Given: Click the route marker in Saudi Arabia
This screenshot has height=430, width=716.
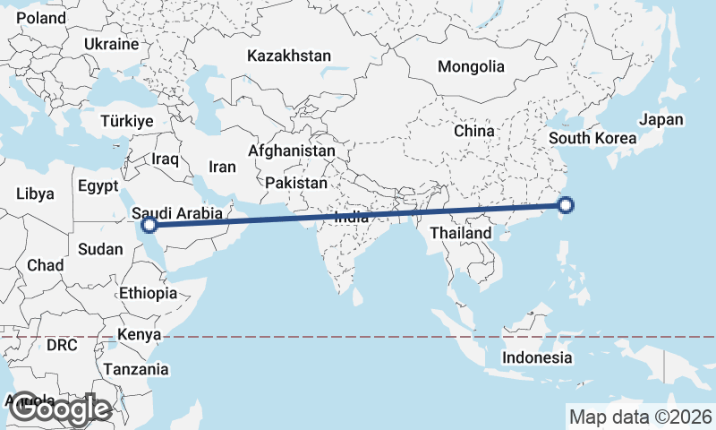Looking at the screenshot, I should pyautogui.click(x=150, y=225).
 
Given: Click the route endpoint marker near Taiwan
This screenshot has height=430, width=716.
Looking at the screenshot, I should pyautogui.click(x=566, y=207).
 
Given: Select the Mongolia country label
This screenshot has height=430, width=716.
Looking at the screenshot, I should pyautogui.click(x=471, y=66).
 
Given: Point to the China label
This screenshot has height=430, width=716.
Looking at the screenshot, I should pyautogui.click(x=473, y=131).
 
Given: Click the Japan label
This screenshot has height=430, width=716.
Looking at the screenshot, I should pyautogui.click(x=661, y=120).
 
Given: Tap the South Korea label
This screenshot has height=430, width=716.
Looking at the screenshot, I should pyautogui.click(x=592, y=138).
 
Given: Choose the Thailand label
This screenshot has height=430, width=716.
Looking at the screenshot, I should pyautogui.click(x=461, y=233).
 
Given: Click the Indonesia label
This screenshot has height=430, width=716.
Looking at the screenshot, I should pyautogui.click(x=536, y=357).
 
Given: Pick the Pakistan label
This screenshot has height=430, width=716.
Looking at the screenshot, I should pyautogui.click(x=296, y=183).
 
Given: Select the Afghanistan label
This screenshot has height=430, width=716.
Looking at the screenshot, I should pyautogui.click(x=292, y=151).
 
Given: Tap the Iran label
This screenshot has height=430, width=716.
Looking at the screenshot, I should pyautogui.click(x=222, y=167).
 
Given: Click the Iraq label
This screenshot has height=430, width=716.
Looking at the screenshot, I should pyautogui.click(x=166, y=159).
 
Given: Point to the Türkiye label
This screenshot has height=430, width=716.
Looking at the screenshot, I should pyautogui.click(x=127, y=121).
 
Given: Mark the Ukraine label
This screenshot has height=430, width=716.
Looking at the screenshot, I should pyautogui.click(x=111, y=44).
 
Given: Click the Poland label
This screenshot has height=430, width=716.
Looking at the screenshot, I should pyautogui.click(x=40, y=18).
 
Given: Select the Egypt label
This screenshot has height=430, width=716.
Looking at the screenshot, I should pyautogui.click(x=98, y=187).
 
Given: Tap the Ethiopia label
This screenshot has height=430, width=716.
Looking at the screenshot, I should pyautogui.click(x=148, y=293).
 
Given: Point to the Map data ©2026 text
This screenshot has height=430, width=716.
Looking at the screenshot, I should pyautogui.click(x=640, y=417).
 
